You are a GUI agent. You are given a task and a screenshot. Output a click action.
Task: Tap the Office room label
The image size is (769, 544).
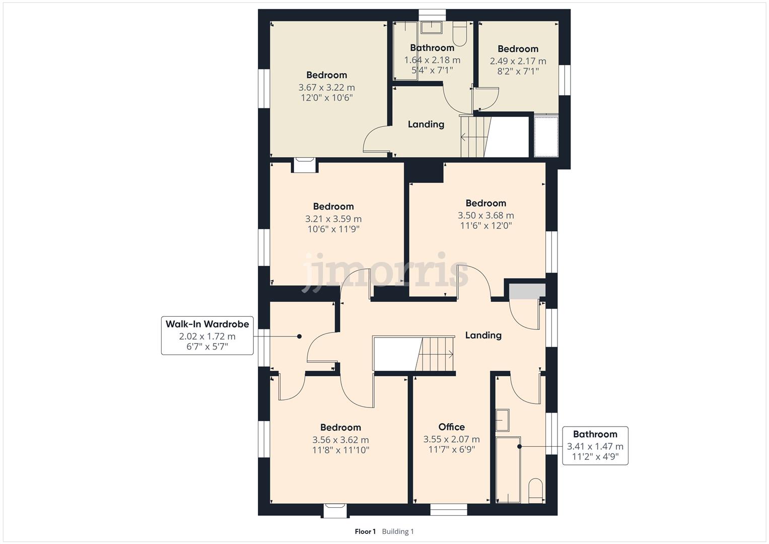[451, 427]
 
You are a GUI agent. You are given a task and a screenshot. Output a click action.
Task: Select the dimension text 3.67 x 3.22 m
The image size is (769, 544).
[326, 87]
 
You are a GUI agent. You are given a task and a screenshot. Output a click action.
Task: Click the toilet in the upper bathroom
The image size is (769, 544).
[460, 33]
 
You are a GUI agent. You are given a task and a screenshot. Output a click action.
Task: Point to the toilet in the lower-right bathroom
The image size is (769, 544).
[535, 491]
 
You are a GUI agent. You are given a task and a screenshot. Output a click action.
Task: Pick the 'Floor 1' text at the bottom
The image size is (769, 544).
[365, 531]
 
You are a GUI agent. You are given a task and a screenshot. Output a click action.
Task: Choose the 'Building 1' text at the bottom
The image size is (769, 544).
[398, 531]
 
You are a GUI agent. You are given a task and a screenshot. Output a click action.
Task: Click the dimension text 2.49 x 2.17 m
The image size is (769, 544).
[518, 61]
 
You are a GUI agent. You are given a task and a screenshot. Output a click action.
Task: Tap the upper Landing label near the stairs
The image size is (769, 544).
[426, 124]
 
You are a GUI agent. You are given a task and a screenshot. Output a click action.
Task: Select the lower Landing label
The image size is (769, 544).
[483, 335]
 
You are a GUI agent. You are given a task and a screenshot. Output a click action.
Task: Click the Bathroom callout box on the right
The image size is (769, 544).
[595, 445]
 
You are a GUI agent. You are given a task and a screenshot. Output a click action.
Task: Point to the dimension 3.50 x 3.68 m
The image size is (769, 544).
[485, 215]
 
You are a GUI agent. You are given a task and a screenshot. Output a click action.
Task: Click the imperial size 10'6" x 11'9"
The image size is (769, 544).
[333, 229]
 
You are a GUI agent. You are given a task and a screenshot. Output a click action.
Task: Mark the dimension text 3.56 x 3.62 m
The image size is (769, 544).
[340, 440]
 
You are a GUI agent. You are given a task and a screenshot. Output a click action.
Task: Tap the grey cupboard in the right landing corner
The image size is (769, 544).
[527, 291]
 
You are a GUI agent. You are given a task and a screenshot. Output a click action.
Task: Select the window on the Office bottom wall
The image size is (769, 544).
[448, 510]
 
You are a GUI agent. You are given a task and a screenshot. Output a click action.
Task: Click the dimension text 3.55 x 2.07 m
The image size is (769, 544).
[451, 439]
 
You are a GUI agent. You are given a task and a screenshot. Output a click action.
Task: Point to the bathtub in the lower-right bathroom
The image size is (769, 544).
[508, 469]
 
